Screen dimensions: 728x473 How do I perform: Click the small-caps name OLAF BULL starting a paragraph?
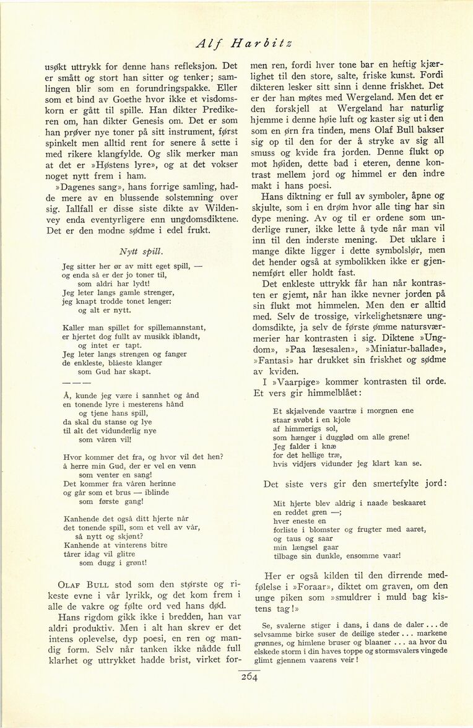83,583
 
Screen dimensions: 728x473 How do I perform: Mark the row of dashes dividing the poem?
76,381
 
